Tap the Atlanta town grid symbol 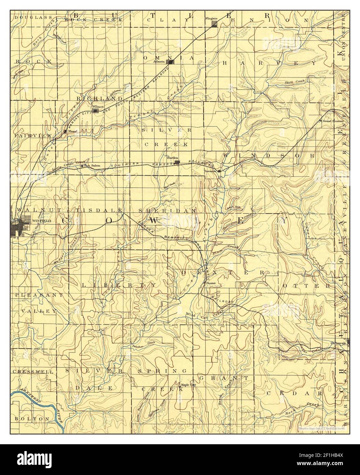click(x=170, y=62)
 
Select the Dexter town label click(x=212, y=283)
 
